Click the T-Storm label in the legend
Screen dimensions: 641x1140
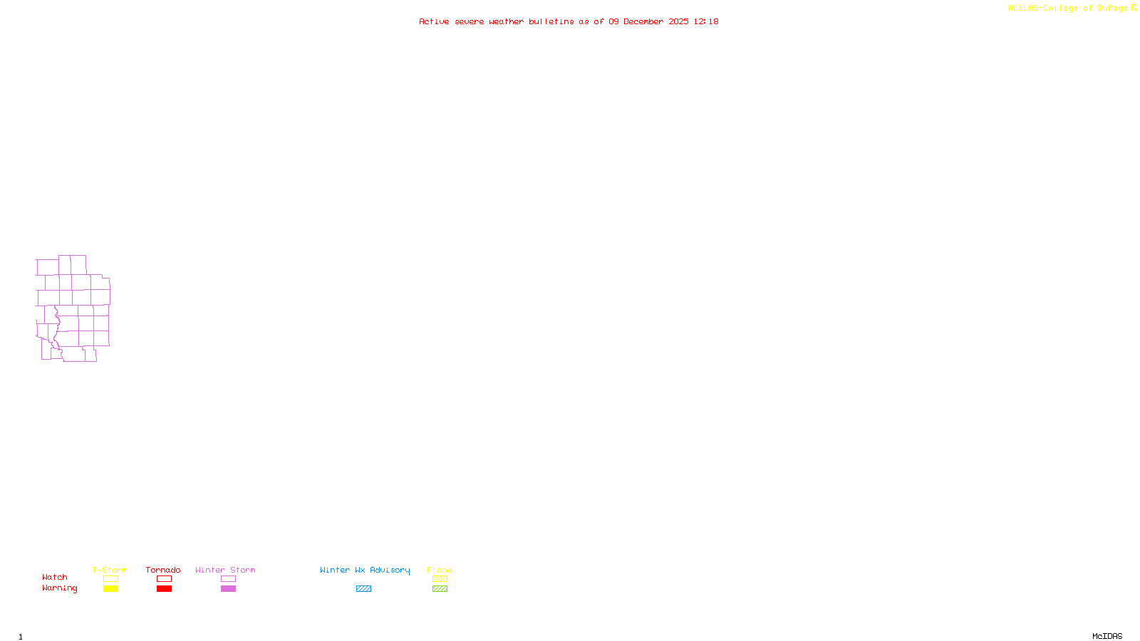click(x=110, y=570)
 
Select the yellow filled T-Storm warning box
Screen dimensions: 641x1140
click(x=110, y=589)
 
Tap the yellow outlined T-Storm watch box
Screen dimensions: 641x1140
click(x=110, y=579)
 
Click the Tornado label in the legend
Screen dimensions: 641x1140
click(x=163, y=570)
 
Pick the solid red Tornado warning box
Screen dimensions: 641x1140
click(x=164, y=589)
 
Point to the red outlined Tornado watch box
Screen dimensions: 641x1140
click(x=164, y=579)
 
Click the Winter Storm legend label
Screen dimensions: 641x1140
click(x=225, y=570)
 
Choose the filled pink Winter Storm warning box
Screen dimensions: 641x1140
click(x=228, y=589)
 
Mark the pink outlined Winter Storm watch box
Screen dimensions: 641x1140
click(x=228, y=579)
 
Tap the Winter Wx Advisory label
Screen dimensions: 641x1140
click(x=365, y=570)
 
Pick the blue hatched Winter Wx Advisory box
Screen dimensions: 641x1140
click(x=363, y=589)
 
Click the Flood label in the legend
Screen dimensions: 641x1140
click(x=440, y=570)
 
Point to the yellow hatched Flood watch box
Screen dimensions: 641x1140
click(x=440, y=579)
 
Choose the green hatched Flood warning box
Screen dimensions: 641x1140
click(x=440, y=589)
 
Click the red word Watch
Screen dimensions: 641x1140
click(x=55, y=577)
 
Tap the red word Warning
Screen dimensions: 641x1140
click(x=59, y=588)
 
